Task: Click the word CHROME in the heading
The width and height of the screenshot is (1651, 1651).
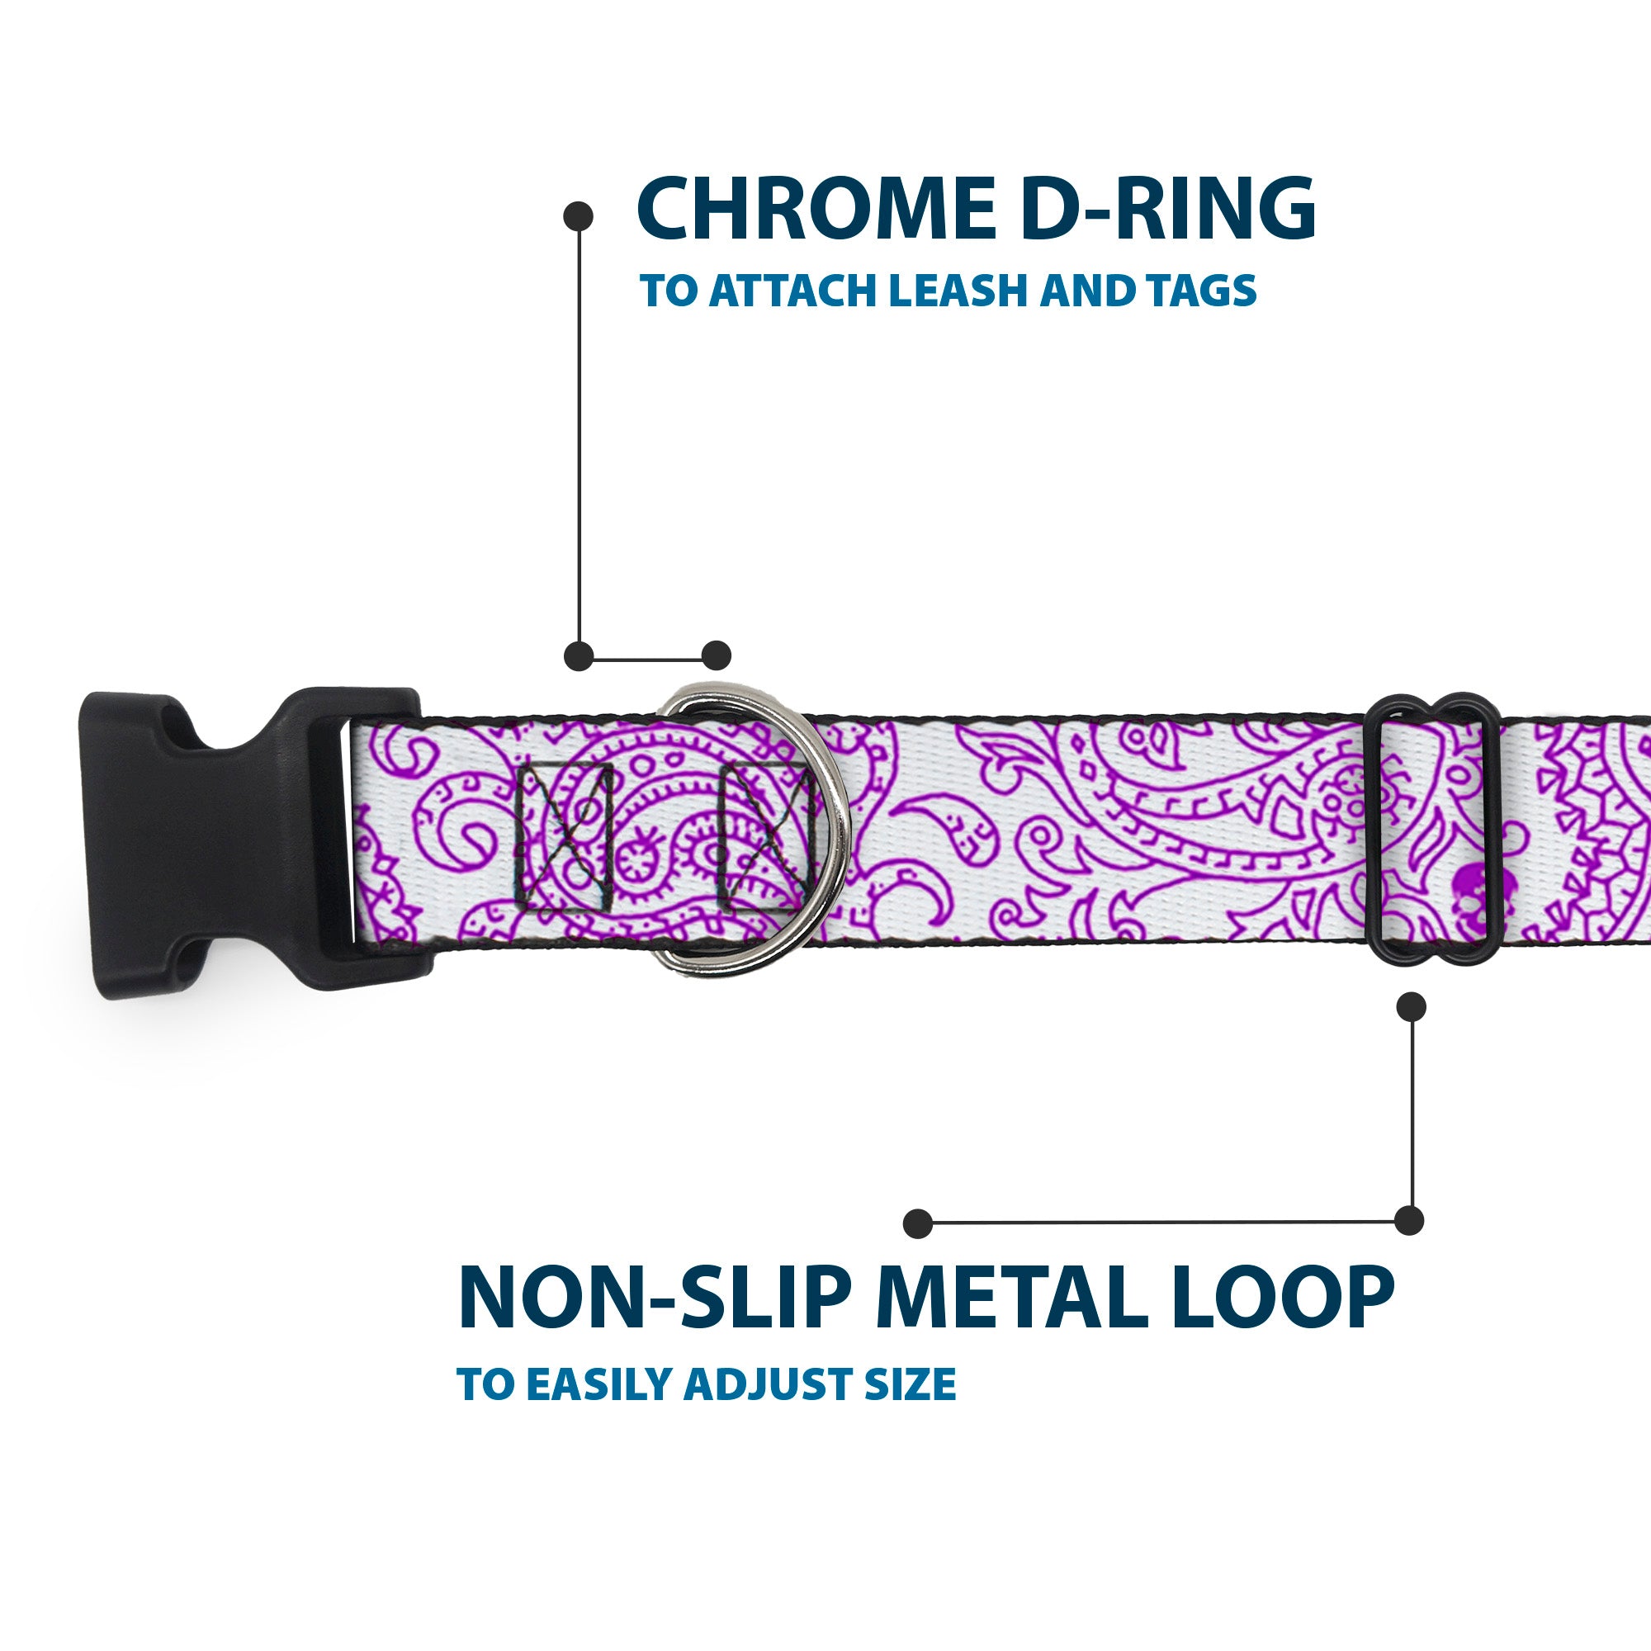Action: click(816, 209)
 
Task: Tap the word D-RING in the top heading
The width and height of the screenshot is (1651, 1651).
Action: click(1167, 209)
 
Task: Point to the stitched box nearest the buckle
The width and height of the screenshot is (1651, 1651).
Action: click(565, 835)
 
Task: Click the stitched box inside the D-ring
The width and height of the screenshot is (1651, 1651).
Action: click(765, 835)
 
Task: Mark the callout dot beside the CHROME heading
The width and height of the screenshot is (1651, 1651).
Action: click(579, 215)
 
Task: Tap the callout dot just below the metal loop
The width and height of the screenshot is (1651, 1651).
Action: click(1411, 1006)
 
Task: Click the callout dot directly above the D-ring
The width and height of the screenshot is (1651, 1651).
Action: click(716, 655)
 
